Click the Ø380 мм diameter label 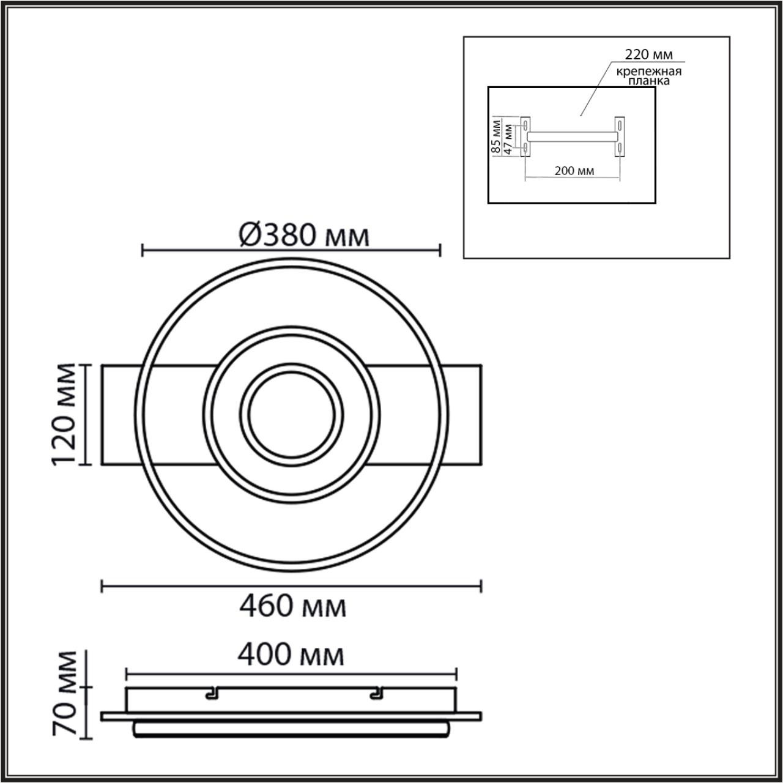(304, 236)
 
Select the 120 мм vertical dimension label (64, 415)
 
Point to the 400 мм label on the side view (291, 655)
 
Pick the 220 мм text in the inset (648, 54)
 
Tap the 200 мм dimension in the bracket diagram (574, 171)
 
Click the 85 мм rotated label (495, 136)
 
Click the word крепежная (649, 72)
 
